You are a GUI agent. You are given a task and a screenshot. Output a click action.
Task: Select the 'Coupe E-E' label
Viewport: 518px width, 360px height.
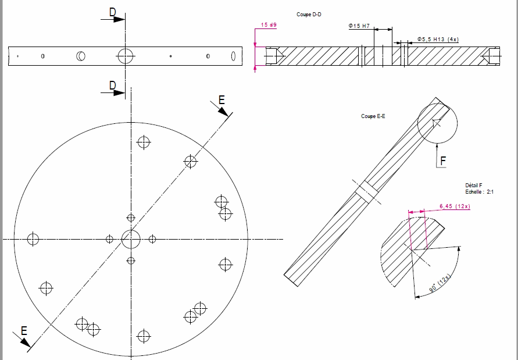tap(373, 116)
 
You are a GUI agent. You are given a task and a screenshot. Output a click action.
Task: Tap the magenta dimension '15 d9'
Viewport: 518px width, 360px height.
tap(269, 25)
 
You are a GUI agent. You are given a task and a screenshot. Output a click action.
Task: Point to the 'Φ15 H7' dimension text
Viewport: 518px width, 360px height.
tap(359, 26)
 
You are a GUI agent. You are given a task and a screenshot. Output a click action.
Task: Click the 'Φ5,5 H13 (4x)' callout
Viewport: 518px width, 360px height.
tap(438, 40)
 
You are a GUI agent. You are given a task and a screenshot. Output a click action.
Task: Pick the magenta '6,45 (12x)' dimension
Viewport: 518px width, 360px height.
tap(455, 206)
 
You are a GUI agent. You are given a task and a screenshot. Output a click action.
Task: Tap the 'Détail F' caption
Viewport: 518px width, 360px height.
tap(474, 185)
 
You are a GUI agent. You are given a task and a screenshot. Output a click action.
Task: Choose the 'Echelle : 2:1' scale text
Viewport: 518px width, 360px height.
tap(479, 191)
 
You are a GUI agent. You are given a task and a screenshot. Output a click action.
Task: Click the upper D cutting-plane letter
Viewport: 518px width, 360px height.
tap(112, 12)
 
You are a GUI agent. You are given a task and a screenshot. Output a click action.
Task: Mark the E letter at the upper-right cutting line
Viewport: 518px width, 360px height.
tap(222, 100)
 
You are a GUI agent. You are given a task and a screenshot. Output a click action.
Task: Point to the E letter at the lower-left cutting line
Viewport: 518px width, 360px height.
tap(24, 330)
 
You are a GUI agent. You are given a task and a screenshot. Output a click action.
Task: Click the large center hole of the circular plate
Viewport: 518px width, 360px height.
tap(131, 239)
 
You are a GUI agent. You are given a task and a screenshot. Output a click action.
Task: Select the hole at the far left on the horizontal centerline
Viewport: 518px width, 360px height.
tap(33, 239)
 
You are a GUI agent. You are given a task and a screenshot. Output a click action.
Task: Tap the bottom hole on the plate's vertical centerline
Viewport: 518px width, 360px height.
tap(144, 336)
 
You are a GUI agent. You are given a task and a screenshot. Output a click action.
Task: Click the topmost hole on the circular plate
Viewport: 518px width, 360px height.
tap(144, 142)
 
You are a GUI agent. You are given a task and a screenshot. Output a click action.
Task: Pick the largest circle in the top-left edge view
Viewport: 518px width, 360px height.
tap(126, 56)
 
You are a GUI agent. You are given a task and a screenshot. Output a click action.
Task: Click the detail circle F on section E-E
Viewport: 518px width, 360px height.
tap(438, 123)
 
